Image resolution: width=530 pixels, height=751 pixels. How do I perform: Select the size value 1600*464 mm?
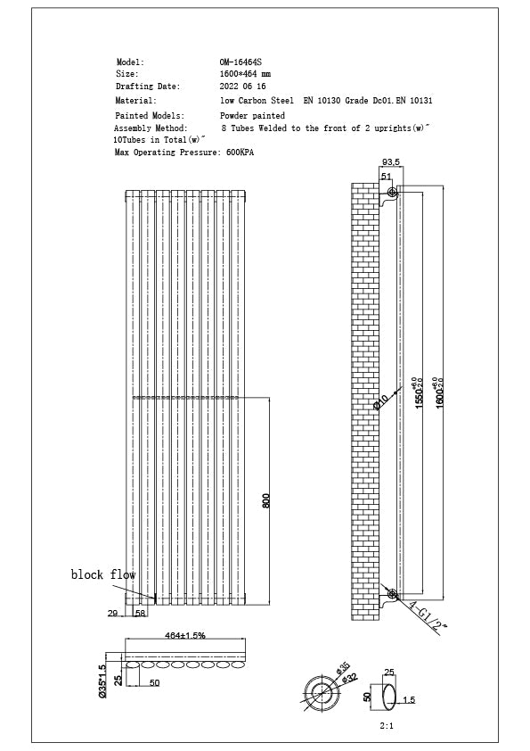click(x=245, y=74)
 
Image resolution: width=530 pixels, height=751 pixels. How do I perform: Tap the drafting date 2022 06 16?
click(x=242, y=87)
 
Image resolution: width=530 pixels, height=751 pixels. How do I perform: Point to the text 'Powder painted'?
click(x=253, y=116)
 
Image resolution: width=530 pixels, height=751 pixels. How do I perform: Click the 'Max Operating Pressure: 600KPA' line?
click(x=184, y=153)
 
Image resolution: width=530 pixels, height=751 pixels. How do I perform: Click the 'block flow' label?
click(x=103, y=575)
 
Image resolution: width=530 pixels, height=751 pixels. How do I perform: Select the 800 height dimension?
click(x=265, y=500)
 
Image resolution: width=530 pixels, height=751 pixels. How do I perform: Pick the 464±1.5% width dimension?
click(x=184, y=634)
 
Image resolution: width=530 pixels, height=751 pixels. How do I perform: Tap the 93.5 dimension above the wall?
click(x=390, y=162)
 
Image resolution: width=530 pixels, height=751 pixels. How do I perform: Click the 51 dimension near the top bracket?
click(x=387, y=177)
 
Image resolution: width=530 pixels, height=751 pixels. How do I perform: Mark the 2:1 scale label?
click(x=387, y=726)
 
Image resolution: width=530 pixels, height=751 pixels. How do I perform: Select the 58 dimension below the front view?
click(x=140, y=614)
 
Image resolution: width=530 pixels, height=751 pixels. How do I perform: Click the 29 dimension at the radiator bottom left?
click(x=112, y=614)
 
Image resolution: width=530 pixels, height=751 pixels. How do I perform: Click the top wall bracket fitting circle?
click(x=392, y=194)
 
